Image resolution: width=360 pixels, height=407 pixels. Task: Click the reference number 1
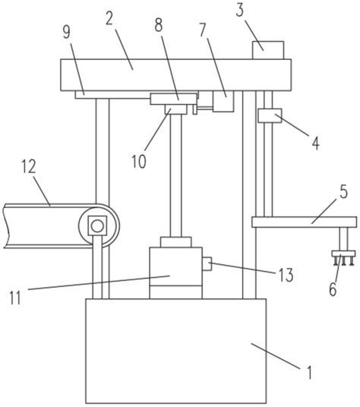click(x=309, y=373)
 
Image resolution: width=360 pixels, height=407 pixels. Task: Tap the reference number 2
click(x=109, y=18)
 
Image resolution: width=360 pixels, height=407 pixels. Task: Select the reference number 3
click(x=240, y=11)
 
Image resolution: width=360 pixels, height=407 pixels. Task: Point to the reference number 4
click(x=316, y=143)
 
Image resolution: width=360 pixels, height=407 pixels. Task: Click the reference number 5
click(x=343, y=192)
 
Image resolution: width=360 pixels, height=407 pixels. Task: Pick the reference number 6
click(x=333, y=289)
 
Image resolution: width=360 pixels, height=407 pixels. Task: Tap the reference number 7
click(x=204, y=30)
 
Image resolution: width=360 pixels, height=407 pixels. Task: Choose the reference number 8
click(x=158, y=25)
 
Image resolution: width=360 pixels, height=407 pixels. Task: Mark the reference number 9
click(x=66, y=32)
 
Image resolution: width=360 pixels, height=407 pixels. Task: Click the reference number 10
click(x=139, y=162)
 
